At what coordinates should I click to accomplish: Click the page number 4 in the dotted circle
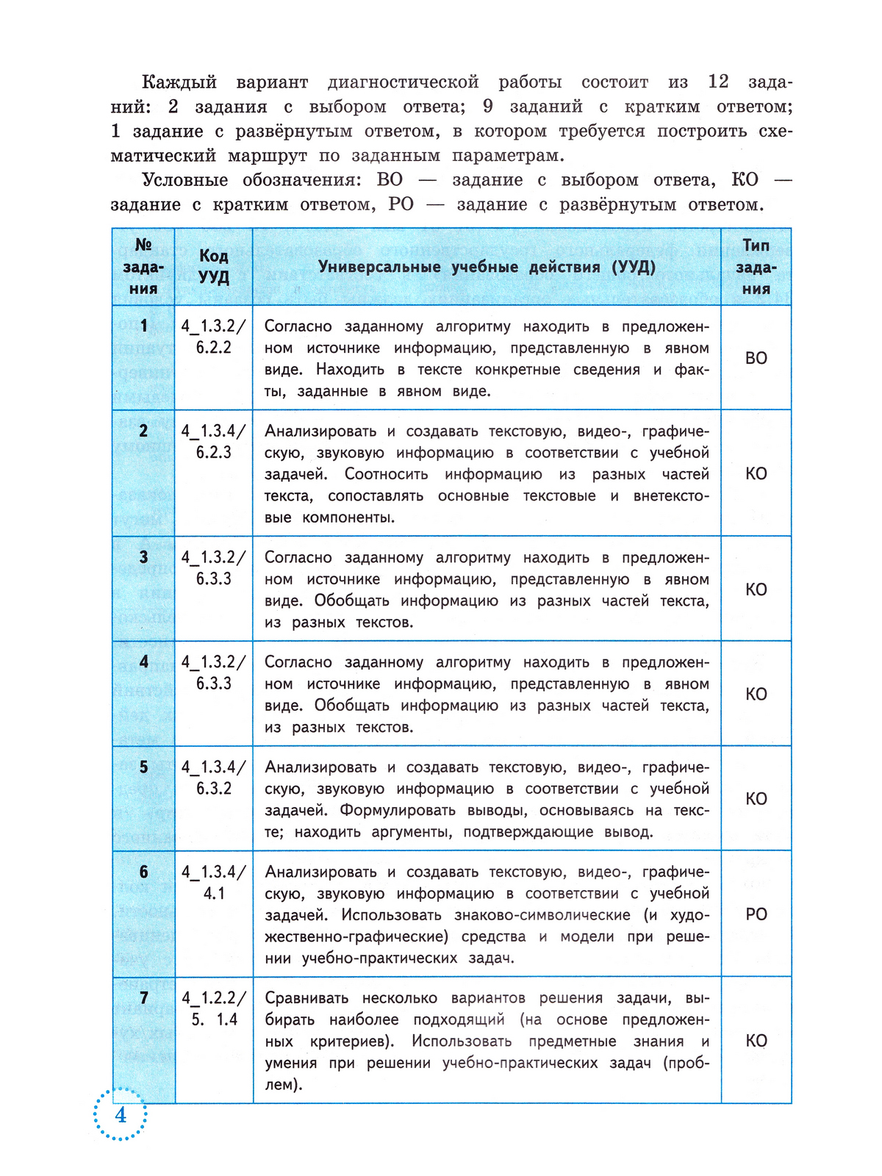pos(121,1115)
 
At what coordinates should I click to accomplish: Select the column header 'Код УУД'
pos(214,266)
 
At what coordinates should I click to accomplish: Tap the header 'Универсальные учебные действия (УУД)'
pos(487,267)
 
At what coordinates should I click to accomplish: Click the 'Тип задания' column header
pos(756,266)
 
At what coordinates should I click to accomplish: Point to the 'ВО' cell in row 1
pos(756,358)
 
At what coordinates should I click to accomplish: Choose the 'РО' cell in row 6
pos(756,914)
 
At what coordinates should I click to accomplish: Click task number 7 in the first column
pos(144,997)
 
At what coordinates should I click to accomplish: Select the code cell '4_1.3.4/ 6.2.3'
pos(214,442)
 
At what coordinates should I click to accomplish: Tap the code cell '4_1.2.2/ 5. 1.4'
pos(214,1008)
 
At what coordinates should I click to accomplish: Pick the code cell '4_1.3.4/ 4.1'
pos(214,883)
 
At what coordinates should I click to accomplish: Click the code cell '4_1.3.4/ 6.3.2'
pos(214,778)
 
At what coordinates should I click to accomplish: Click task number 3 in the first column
pos(144,557)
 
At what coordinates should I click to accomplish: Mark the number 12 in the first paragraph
pos(718,82)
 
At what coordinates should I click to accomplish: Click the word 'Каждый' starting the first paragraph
pos(179,82)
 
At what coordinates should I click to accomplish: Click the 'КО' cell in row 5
pos(756,799)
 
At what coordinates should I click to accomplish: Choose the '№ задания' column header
pos(143,266)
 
